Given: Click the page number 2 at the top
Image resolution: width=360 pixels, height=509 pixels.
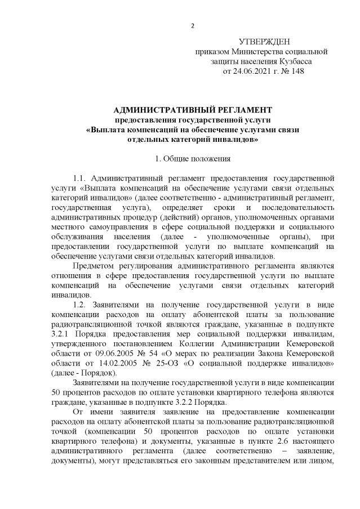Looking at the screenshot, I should tap(193, 25).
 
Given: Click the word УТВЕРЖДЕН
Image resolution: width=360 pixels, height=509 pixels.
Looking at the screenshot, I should tap(264, 42).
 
